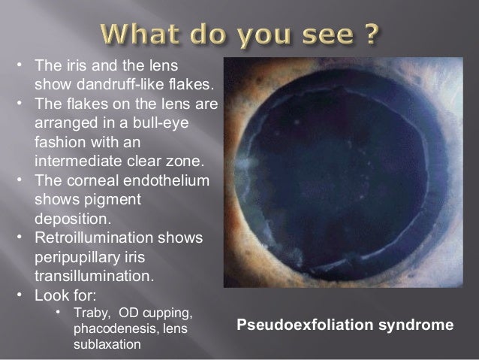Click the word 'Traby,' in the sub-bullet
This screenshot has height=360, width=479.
(91, 312)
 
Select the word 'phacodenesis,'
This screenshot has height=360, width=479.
(110, 328)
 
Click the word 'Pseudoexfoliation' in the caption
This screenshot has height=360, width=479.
(296, 326)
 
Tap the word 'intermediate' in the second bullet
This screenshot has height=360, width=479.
(80, 162)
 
